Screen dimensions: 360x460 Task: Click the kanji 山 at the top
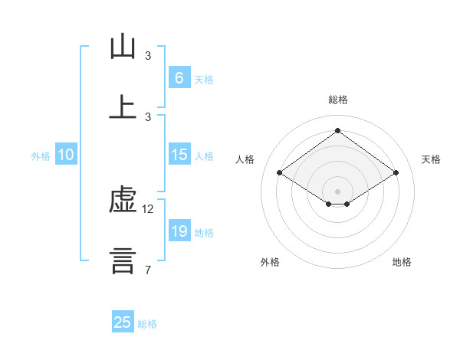point(123,47)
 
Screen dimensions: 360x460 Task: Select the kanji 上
point(123,106)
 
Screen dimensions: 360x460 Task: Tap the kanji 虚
point(123,201)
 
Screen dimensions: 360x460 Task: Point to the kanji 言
point(123,260)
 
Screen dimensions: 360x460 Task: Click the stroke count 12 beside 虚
point(148,209)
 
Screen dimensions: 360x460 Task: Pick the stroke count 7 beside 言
point(147,269)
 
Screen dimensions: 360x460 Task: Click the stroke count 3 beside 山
point(148,56)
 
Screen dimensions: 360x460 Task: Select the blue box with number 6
point(179,77)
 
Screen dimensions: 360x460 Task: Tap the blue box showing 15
point(179,155)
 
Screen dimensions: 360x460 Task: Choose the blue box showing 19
point(179,231)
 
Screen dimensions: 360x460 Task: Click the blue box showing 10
point(66,155)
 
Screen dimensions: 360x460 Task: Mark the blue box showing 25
point(123,322)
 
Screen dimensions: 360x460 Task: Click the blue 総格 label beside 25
point(147,324)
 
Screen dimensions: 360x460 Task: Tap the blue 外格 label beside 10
point(41,156)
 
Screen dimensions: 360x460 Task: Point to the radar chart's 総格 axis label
point(337,100)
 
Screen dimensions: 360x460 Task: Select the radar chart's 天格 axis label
point(431,159)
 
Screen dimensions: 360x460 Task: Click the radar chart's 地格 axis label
point(402,262)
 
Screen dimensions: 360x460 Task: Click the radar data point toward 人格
point(280,173)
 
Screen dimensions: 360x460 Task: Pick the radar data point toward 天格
point(396,173)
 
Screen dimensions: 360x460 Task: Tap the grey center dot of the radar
point(337,191)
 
